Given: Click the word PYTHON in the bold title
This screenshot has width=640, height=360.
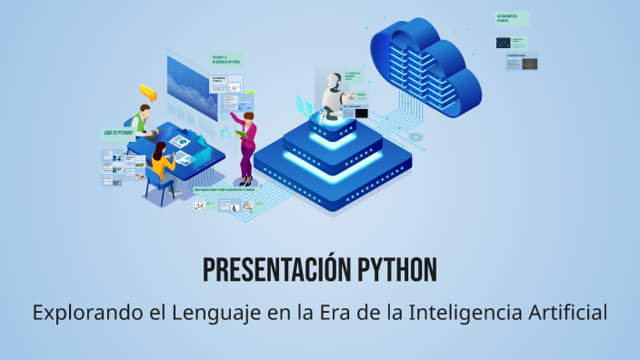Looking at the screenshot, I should click(x=394, y=270).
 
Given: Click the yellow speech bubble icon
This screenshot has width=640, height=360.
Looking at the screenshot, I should click(x=148, y=91).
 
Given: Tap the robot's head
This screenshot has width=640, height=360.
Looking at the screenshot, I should click(x=332, y=81).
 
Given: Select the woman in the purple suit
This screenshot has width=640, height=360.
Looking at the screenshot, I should click(x=246, y=145).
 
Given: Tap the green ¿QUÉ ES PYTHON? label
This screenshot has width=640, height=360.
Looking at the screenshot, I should click(x=118, y=133).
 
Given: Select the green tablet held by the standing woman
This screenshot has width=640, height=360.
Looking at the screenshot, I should click(x=242, y=134).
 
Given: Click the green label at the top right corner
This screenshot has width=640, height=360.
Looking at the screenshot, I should click(x=512, y=17).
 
